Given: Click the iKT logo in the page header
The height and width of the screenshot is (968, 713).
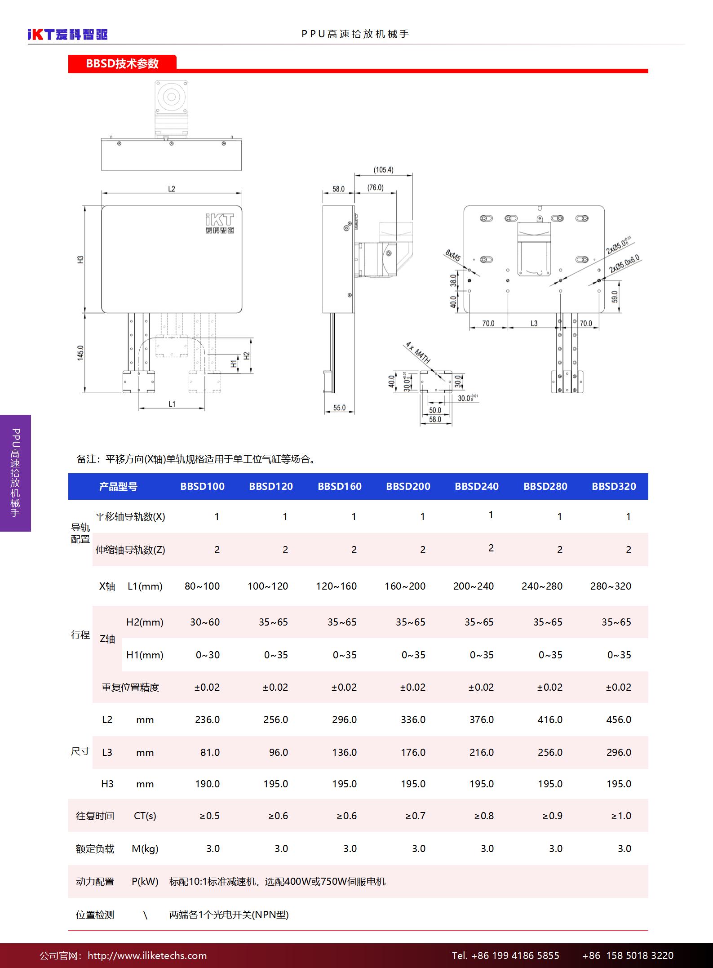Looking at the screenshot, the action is pos(68,34).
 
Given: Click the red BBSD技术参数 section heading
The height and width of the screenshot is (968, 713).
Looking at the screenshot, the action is pos(122,63).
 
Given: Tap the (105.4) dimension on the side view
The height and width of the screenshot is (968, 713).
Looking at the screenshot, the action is pos(383,170).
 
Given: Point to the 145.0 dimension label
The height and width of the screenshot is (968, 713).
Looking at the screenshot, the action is pos(80,353).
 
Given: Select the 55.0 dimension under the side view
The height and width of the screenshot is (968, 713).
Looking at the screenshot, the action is pos(339,408).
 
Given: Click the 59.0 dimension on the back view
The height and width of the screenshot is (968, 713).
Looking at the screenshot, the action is pos(615,297).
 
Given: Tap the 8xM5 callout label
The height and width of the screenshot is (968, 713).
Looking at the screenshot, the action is pos(452,255).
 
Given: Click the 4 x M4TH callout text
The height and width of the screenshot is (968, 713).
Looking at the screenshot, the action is pos(418,353).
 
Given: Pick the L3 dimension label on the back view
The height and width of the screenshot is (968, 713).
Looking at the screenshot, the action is pos(534,323).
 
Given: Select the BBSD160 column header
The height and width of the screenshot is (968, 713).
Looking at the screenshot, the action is pos(340,486).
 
